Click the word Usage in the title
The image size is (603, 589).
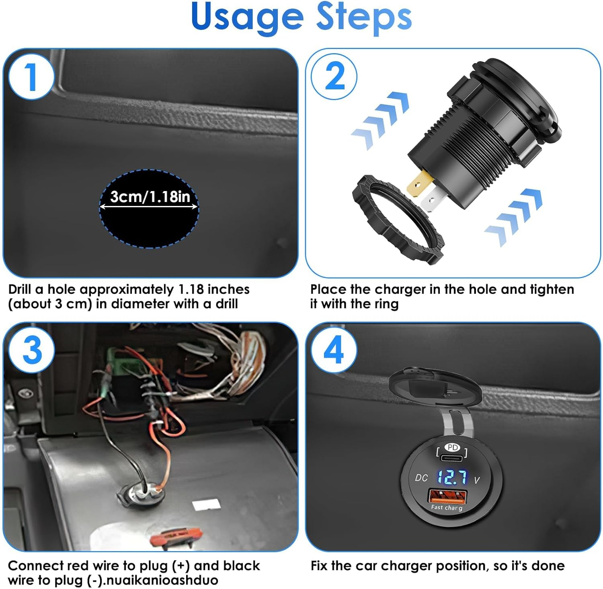coord(247,18)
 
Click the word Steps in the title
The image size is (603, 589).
coord(364,18)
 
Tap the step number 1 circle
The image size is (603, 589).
coord(31,76)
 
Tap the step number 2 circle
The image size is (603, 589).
coord(334,76)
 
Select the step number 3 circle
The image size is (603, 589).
coord(31,350)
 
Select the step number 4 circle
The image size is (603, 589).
coord(334,350)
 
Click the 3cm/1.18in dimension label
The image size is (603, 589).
coord(150,197)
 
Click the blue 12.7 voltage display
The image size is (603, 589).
coord(452,477)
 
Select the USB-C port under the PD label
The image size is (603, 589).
coord(453,457)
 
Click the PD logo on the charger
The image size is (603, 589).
coord(453,447)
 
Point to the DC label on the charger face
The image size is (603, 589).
coord(421,478)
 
